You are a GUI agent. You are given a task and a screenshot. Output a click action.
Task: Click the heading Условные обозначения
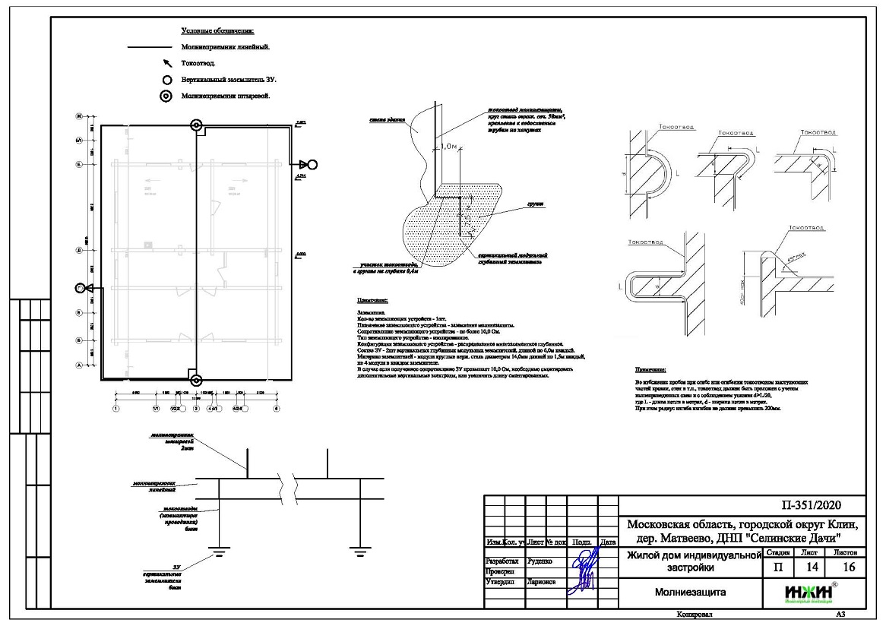(217, 31)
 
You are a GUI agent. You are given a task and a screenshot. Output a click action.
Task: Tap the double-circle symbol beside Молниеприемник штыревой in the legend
(166, 96)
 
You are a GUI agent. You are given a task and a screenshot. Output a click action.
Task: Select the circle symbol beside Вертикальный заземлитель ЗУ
(166, 79)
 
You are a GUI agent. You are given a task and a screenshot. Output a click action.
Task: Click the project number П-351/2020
(811, 506)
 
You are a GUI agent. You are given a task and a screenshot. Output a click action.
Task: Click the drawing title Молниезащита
(690, 591)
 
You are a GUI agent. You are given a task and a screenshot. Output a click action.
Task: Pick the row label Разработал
(502, 562)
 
